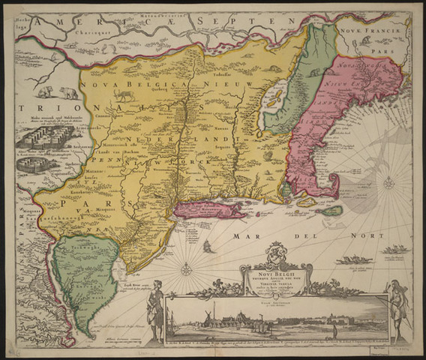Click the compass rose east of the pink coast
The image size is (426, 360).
pos(388,181)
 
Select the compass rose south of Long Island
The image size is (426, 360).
pos(186,268)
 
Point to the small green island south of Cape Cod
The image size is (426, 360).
pos(331,211)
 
